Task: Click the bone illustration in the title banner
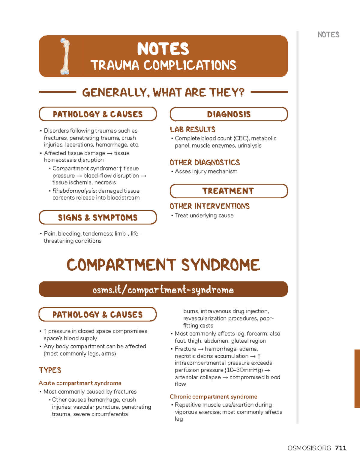click(65, 56)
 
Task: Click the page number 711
click(341, 448)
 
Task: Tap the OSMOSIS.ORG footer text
click(309, 448)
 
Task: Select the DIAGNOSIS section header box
click(229, 114)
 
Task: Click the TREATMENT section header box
click(229, 191)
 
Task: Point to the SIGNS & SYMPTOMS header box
click(98, 218)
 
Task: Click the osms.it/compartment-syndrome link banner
click(163, 290)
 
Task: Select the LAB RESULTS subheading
click(193, 130)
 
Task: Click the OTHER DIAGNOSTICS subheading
click(205, 163)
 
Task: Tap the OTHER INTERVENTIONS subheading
click(210, 206)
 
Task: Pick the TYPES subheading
click(50, 370)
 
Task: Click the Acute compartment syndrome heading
click(80, 383)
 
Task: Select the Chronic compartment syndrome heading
click(213, 397)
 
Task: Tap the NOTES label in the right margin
click(328, 35)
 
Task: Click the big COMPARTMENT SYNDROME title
click(163, 265)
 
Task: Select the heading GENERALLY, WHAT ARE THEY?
click(163, 92)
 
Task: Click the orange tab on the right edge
click(357, 378)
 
